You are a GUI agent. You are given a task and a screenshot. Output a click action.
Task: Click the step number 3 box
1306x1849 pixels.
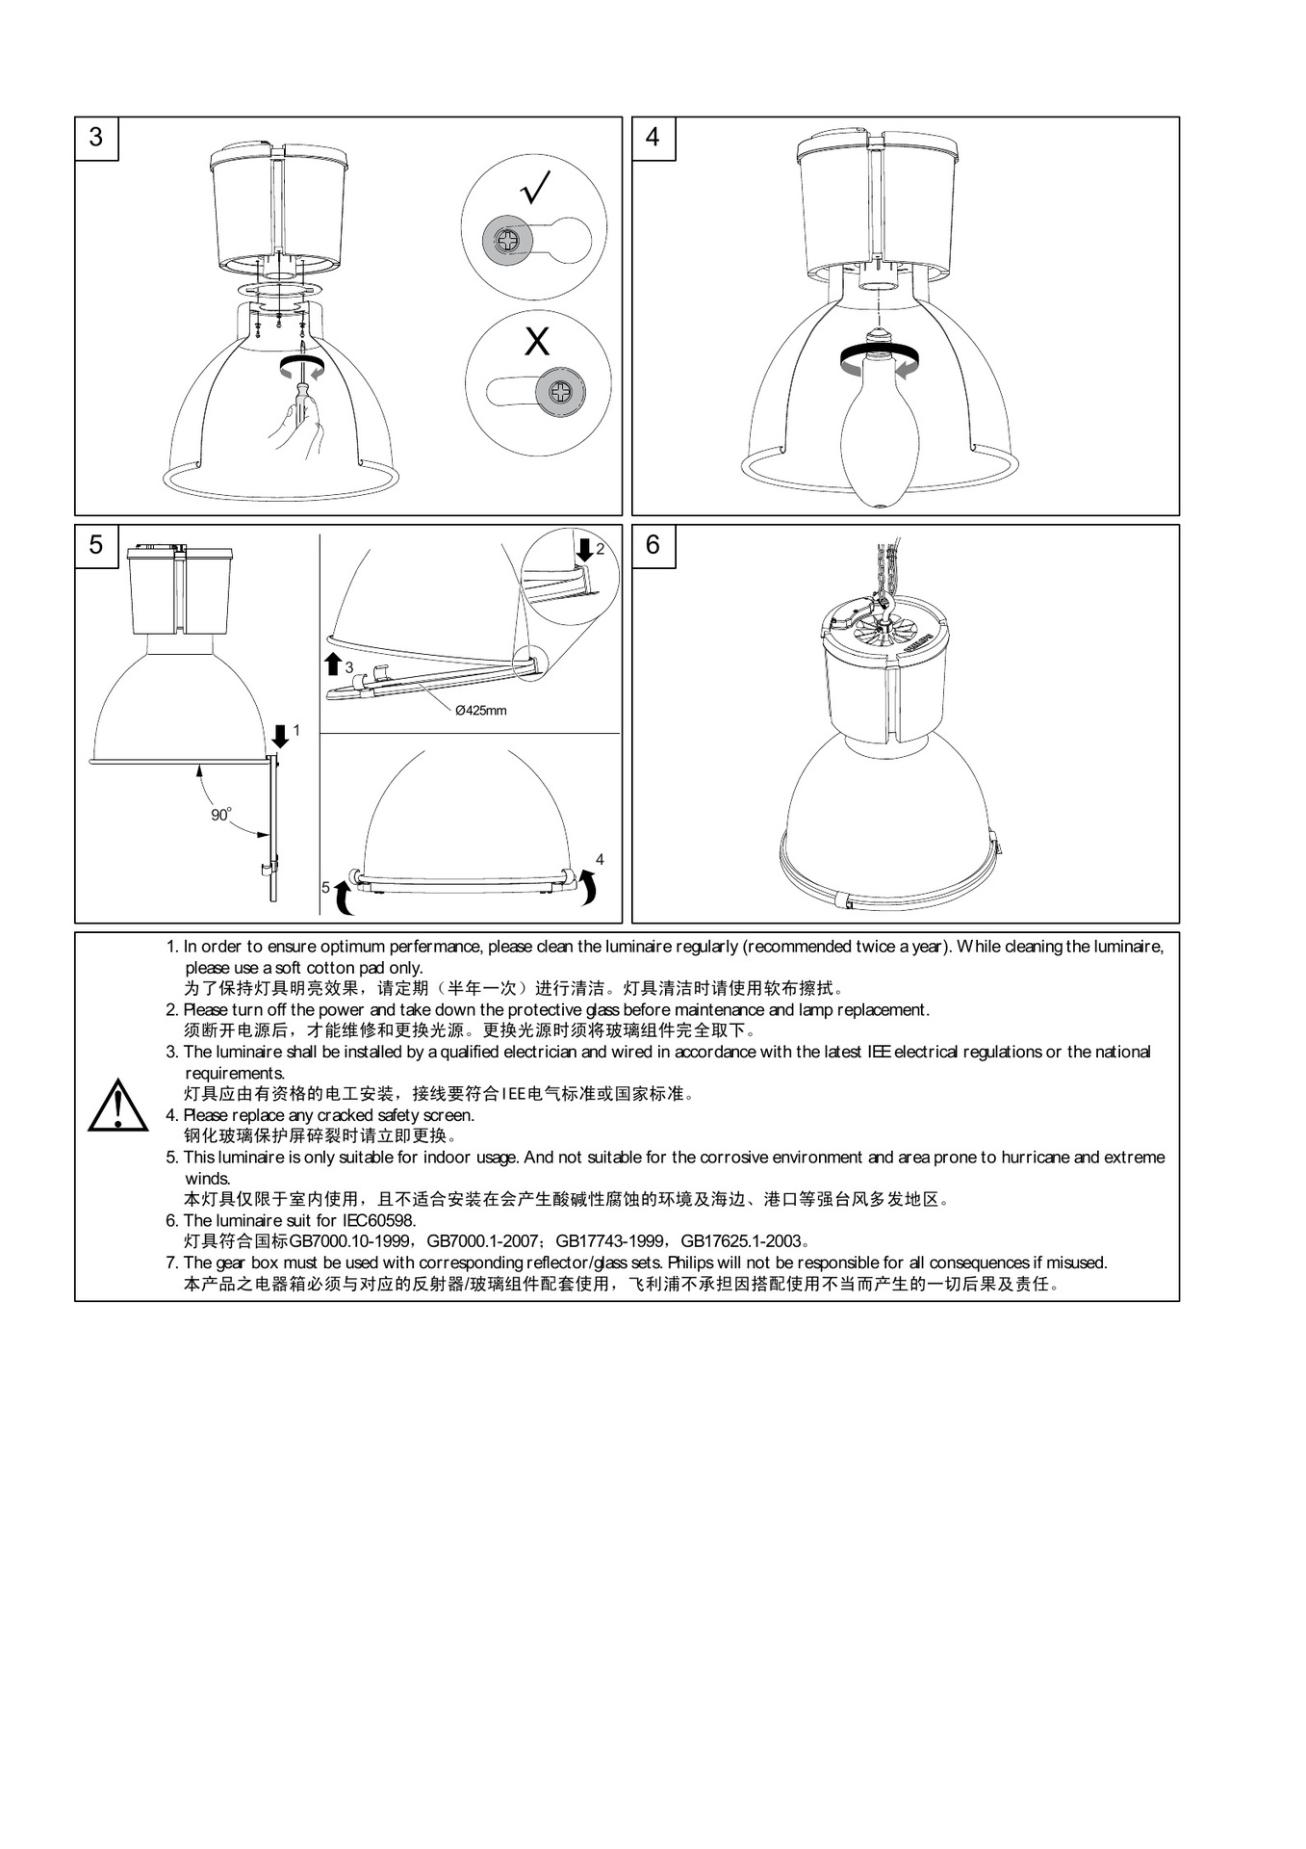[x=96, y=138]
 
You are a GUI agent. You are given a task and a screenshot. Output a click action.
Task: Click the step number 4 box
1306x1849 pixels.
[x=653, y=138]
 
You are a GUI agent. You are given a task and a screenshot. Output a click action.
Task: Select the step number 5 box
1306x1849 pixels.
[x=96, y=545]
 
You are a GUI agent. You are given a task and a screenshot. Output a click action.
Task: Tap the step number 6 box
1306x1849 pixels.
[x=653, y=545]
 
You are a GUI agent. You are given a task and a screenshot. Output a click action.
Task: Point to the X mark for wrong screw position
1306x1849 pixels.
[x=537, y=341]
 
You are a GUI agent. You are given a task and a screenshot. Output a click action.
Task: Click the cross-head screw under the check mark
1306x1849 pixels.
[x=507, y=236]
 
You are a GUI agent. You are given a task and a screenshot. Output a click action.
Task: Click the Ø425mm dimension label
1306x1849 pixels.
[x=480, y=711]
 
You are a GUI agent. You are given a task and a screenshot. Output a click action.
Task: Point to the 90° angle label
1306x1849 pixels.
[x=221, y=815]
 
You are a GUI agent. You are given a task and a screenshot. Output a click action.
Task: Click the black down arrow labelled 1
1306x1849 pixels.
[x=280, y=736]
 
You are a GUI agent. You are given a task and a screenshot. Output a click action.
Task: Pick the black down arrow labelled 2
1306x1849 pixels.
[x=584, y=550]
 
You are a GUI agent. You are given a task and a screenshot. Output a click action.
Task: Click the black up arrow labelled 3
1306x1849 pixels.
[x=333, y=664]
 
